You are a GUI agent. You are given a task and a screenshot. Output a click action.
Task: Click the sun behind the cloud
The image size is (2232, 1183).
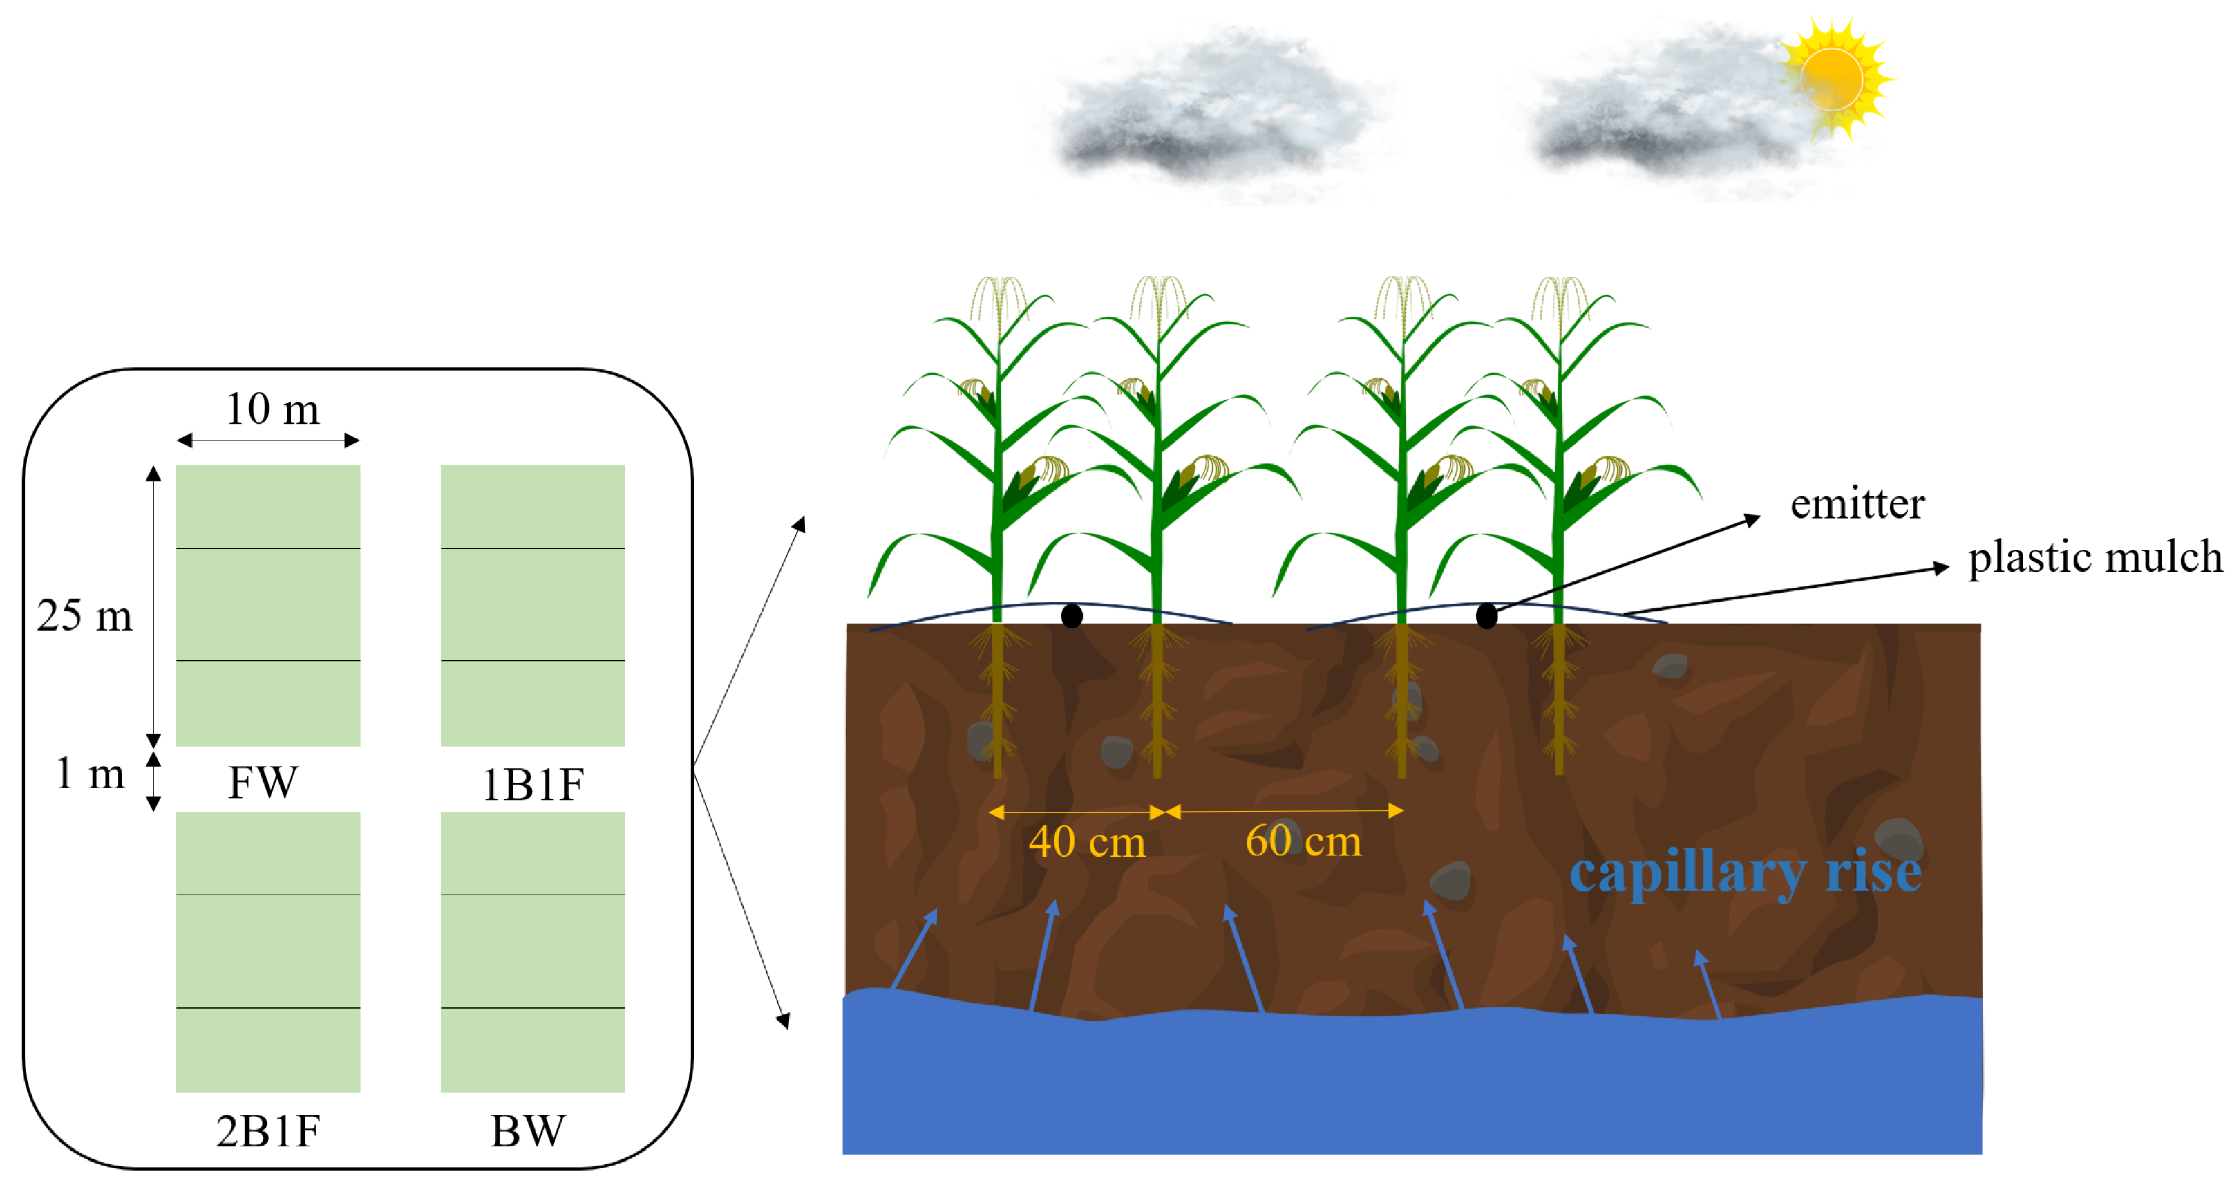tap(1833, 79)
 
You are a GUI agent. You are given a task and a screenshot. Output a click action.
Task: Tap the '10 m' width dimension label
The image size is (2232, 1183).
tap(272, 409)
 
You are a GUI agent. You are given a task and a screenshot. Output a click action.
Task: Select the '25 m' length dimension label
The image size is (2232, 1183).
tap(84, 616)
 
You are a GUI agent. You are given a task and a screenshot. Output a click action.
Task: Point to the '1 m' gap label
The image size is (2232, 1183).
tap(90, 773)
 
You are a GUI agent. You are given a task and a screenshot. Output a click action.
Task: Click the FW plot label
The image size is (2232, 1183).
tap(263, 783)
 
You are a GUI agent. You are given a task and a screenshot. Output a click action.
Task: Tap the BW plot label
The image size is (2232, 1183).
tap(528, 1131)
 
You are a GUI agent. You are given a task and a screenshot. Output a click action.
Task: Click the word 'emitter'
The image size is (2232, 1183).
tap(1857, 503)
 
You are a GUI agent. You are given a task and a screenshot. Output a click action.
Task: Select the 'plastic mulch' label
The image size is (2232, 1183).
tap(2094, 557)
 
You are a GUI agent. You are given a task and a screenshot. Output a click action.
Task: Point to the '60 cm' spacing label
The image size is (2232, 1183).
tap(1303, 841)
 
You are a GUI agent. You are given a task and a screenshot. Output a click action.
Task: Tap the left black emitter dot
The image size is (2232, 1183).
tap(1072, 616)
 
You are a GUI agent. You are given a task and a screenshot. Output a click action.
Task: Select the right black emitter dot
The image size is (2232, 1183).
tap(1486, 616)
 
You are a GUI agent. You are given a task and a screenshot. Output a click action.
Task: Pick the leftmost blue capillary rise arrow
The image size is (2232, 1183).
tap(914, 949)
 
